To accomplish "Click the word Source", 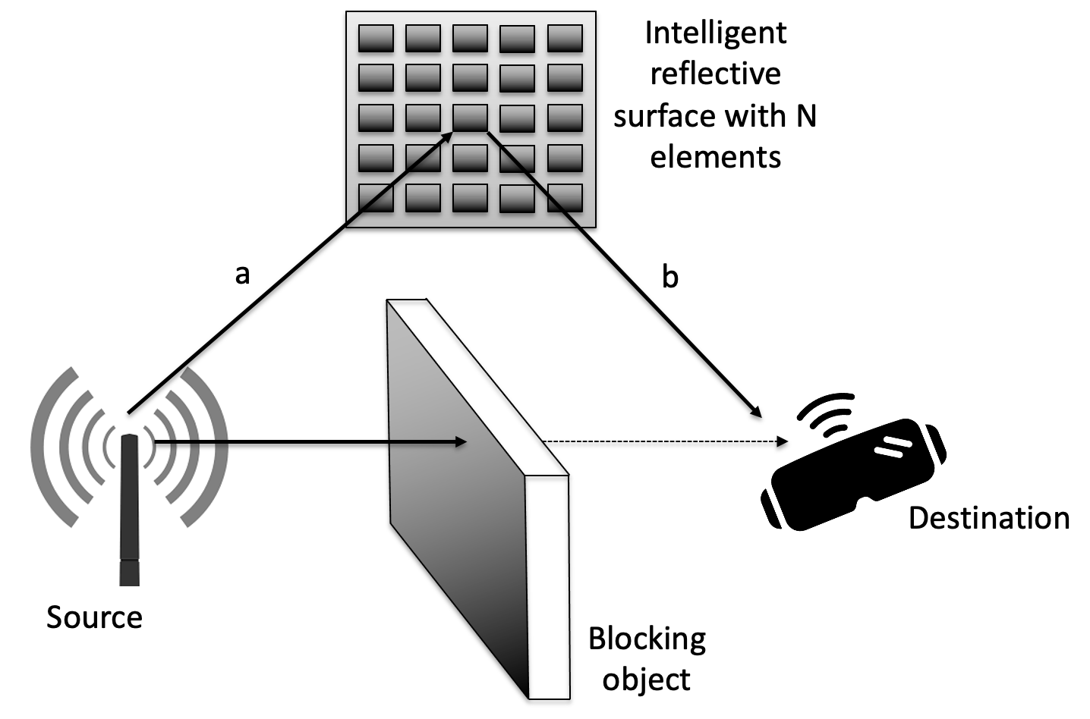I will click(94, 617).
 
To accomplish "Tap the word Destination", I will click(988, 518).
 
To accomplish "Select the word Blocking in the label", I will click(647, 639).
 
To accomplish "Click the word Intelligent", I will click(715, 33).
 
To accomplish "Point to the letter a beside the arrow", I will click(242, 275).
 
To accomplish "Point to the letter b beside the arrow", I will click(669, 278).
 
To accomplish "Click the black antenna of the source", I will click(130, 508).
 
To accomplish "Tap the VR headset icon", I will click(854, 474).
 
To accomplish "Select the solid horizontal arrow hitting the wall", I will click(304, 441).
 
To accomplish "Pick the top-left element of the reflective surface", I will click(376, 38).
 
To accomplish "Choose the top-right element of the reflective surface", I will click(565, 38).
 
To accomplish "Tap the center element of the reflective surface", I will click(471, 118).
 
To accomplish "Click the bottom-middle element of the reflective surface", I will click(471, 198).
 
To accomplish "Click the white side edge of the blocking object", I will click(548, 584).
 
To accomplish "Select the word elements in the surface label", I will click(715, 158).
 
